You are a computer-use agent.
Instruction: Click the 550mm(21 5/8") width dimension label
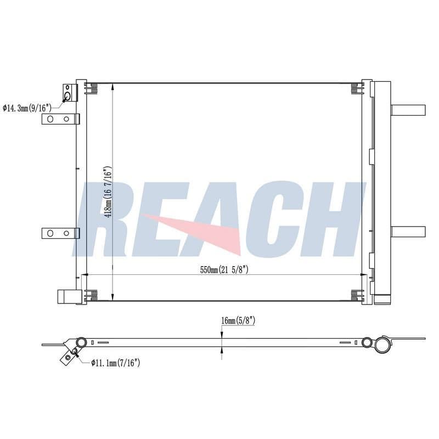click(224, 270)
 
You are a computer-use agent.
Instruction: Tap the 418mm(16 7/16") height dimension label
click(108, 193)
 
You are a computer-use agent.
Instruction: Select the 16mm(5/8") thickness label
click(238, 321)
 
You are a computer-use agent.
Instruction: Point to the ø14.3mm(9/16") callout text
click(27, 108)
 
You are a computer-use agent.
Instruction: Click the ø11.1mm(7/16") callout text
click(116, 363)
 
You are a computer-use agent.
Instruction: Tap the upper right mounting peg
click(408, 110)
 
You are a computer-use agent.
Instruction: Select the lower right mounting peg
click(408, 232)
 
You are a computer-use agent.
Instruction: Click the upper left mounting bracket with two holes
click(60, 119)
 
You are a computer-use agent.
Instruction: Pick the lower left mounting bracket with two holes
click(60, 233)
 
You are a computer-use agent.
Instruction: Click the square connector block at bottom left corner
click(70, 296)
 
